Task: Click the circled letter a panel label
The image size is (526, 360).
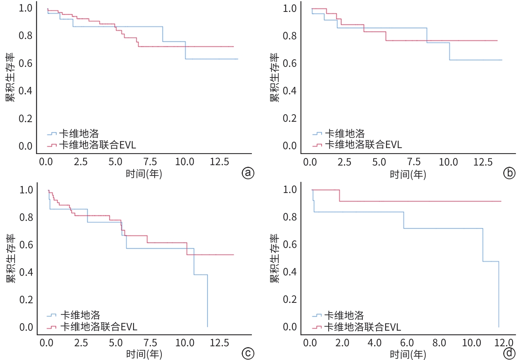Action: (x=248, y=173)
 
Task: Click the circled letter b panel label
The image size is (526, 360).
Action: (x=509, y=173)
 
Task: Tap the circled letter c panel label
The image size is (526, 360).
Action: (x=248, y=354)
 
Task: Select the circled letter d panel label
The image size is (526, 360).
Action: (x=509, y=353)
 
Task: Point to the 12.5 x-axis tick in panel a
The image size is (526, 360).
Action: (x=219, y=162)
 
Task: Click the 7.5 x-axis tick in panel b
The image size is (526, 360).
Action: (x=414, y=162)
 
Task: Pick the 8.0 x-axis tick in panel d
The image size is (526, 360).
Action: (x=439, y=343)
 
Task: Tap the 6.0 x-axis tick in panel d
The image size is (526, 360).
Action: (x=407, y=343)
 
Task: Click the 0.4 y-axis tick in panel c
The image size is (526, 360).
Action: (x=26, y=272)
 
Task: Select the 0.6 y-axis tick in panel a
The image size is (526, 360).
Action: (x=25, y=63)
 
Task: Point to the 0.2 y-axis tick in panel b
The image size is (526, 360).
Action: (x=289, y=118)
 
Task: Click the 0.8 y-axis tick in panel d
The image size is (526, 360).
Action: (x=290, y=217)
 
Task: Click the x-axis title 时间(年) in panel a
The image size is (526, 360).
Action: (x=144, y=174)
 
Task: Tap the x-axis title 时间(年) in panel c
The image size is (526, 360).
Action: (x=144, y=354)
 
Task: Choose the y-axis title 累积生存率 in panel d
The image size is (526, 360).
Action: (x=274, y=258)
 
